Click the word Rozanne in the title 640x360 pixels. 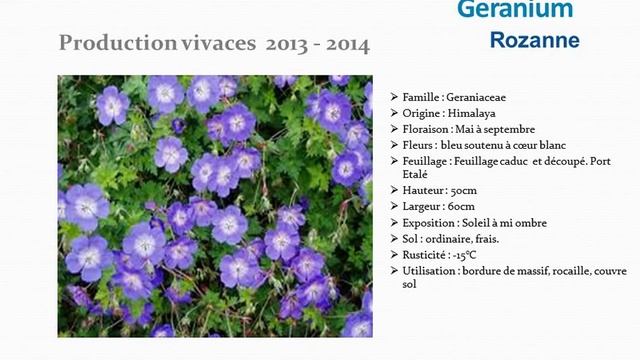tap(534, 41)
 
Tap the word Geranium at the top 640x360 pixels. tap(515, 9)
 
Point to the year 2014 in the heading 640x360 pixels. tap(347, 44)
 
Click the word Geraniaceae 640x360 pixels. tap(486, 98)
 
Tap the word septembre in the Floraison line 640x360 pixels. tap(507, 129)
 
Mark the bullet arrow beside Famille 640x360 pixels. tap(393, 98)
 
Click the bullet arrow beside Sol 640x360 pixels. tap(393, 238)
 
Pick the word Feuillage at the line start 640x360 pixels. tap(425, 160)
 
